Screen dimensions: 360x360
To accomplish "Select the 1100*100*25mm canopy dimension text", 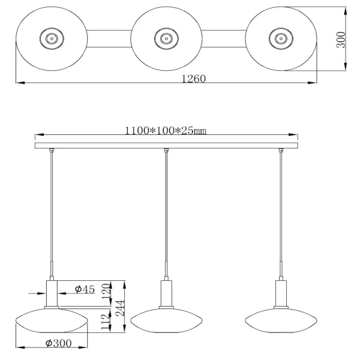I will (166, 131).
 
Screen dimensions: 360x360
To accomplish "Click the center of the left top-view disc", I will (51, 39).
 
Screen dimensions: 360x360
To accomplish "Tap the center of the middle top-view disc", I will (165, 39).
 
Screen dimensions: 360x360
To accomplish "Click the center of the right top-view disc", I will (280, 39).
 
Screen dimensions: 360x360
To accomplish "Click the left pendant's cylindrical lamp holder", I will (52, 293).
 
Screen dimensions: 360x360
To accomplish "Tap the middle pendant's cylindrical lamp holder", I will (166, 293).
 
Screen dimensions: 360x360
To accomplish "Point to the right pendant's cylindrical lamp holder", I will (280, 293).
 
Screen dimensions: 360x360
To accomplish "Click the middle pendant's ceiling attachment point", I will (166, 150).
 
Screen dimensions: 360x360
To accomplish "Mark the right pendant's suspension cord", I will (280, 210).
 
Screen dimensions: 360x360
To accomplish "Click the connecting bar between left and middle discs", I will (108, 39).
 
